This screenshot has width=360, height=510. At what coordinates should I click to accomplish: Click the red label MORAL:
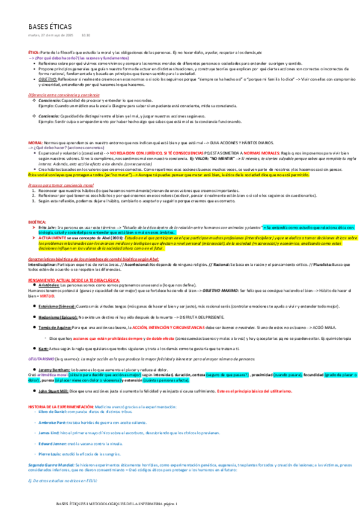[x=35, y=141]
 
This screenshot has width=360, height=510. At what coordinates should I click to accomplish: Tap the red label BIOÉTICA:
[x=38, y=222]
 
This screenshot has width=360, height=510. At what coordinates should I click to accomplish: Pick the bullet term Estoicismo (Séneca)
[x=59, y=306]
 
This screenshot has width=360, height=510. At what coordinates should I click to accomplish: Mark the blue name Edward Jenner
[x=53, y=447]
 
